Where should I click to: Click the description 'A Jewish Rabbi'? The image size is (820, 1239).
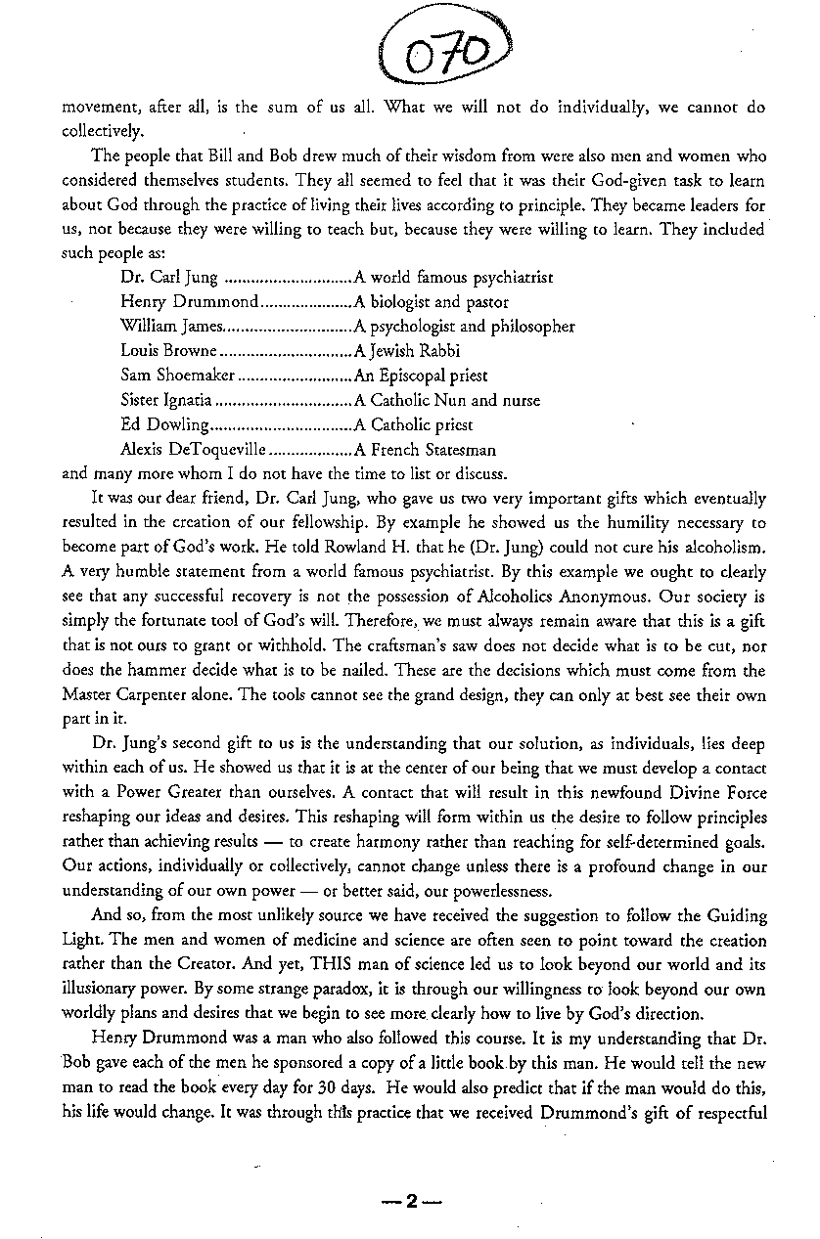407,351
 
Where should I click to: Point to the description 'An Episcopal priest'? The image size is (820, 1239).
421,376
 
